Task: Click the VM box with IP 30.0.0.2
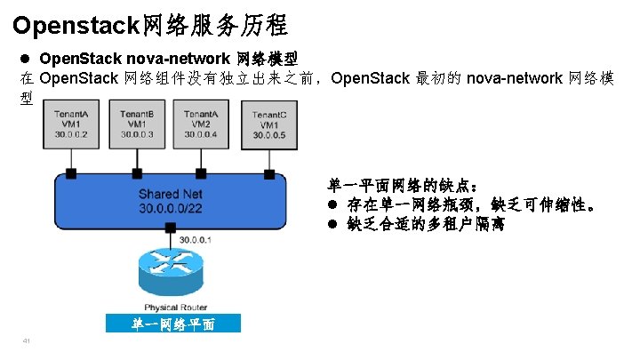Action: coord(70,124)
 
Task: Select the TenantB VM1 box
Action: coord(137,124)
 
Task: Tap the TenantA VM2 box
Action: coord(201,124)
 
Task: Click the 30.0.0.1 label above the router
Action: coord(196,239)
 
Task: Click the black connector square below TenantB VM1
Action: coord(135,172)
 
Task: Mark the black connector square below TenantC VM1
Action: coord(268,172)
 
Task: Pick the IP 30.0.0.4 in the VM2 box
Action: coord(201,134)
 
